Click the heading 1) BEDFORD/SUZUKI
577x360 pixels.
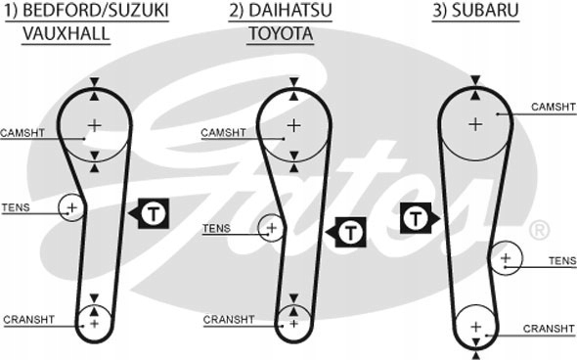[85, 12]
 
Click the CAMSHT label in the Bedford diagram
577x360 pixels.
[22, 132]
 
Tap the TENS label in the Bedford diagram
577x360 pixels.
[16, 207]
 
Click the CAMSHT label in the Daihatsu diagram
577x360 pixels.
[223, 132]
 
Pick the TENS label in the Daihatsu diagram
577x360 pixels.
[216, 229]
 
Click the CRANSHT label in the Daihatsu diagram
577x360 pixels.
[228, 320]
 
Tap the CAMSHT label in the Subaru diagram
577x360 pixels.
[554, 106]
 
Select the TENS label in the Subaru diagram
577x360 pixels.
[561, 260]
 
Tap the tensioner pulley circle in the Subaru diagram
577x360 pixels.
[506, 258]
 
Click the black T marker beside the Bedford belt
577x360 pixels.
[155, 211]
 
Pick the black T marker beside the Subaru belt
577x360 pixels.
[418, 216]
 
